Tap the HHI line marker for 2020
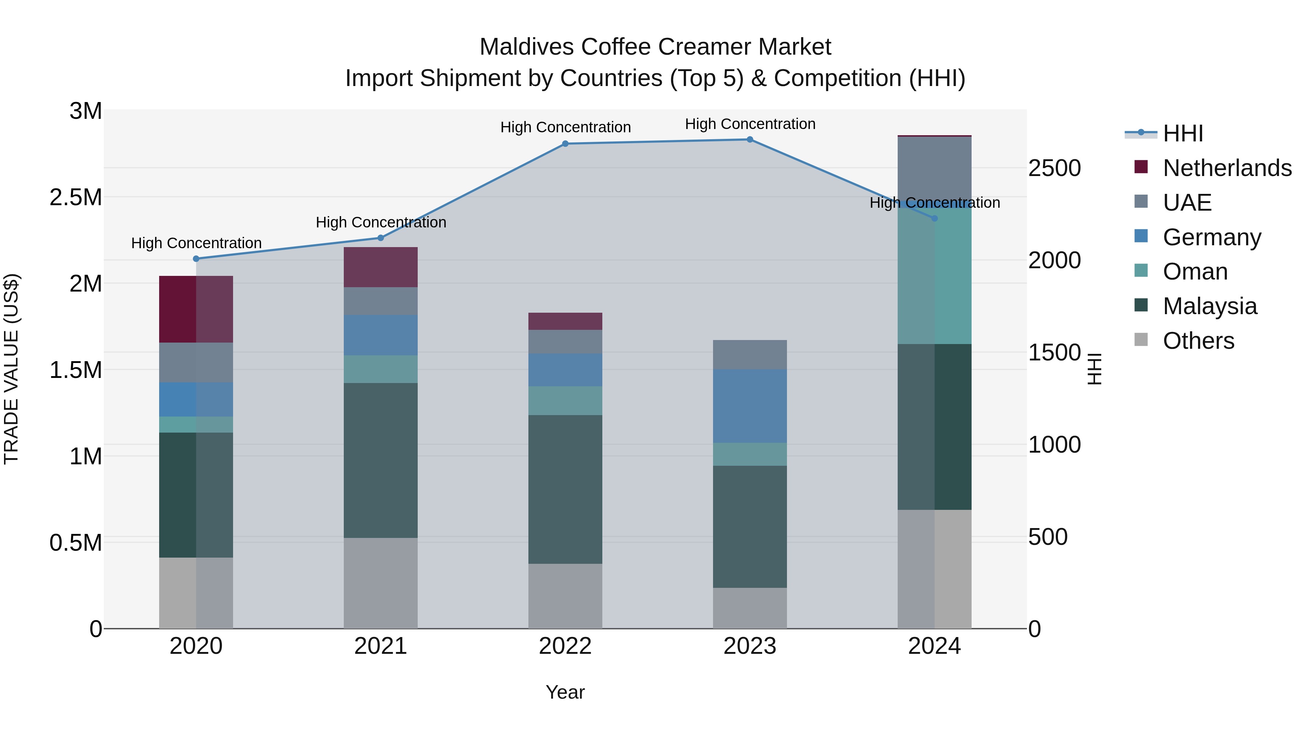point(196,259)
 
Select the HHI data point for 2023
point(750,140)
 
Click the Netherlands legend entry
point(1227,168)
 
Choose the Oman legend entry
point(1194,272)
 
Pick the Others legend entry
point(1198,341)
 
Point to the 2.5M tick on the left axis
point(76,198)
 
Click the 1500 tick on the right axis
point(1054,352)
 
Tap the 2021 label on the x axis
point(380,646)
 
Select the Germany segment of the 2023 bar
point(750,406)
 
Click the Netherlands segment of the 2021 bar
point(380,267)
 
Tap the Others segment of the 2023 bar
point(750,608)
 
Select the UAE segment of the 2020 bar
point(196,362)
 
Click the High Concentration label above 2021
point(381,223)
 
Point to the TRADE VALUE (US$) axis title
point(11,369)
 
